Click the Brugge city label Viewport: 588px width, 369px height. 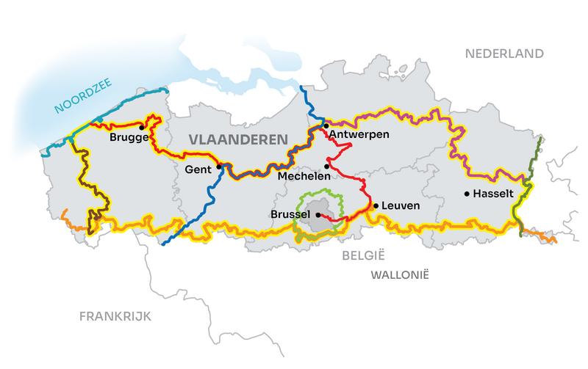(x=129, y=137)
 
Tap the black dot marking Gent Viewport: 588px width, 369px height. (x=219, y=167)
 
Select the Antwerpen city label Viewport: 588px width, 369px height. (x=359, y=135)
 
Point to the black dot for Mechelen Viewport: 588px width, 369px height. (x=327, y=166)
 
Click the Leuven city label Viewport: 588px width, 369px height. (x=401, y=206)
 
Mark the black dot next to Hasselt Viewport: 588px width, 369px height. (x=467, y=194)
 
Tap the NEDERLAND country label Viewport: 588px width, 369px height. (x=504, y=54)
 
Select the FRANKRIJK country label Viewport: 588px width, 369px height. (x=115, y=316)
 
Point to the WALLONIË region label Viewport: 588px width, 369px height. (x=400, y=274)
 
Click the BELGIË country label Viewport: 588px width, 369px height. (x=359, y=255)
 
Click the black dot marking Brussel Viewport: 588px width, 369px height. (x=318, y=215)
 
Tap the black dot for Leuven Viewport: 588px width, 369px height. (x=376, y=206)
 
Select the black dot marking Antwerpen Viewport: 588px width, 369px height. (x=326, y=126)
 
